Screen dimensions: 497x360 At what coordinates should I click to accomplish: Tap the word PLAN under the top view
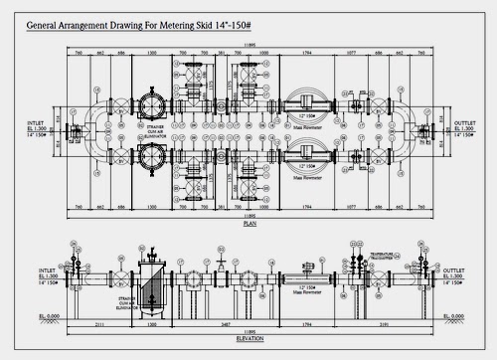tap(249, 225)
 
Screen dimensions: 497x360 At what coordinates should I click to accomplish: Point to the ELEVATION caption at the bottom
tap(249, 338)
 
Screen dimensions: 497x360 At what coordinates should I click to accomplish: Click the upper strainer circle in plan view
tap(151, 106)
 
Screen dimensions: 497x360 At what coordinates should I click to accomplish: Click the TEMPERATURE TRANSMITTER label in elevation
tap(381, 258)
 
